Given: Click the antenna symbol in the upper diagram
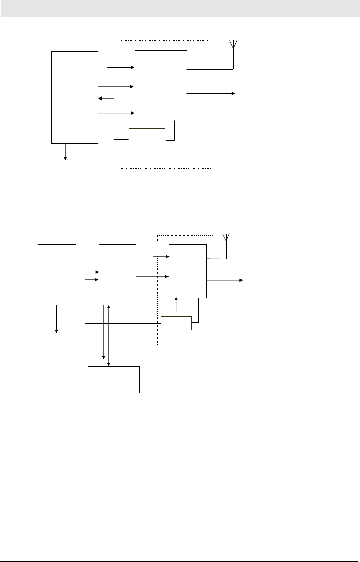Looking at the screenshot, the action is click(x=233, y=44).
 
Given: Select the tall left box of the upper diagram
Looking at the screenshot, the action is click(x=75, y=97).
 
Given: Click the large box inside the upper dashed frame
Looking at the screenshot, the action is click(x=161, y=85).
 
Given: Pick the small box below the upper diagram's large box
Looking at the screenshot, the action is click(x=147, y=137).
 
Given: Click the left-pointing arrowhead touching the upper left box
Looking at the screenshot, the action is click(x=100, y=99).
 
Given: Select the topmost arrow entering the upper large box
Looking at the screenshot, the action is click(x=121, y=67).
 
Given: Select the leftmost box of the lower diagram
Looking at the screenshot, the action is click(x=57, y=274).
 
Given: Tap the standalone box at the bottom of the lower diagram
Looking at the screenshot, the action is click(x=114, y=379).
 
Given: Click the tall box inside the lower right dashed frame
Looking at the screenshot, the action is click(x=187, y=271).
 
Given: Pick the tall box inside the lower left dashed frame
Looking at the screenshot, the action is click(x=117, y=274).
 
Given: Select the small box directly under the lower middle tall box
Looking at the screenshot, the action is click(x=129, y=315).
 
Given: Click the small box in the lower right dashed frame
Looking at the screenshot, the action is click(x=176, y=323).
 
